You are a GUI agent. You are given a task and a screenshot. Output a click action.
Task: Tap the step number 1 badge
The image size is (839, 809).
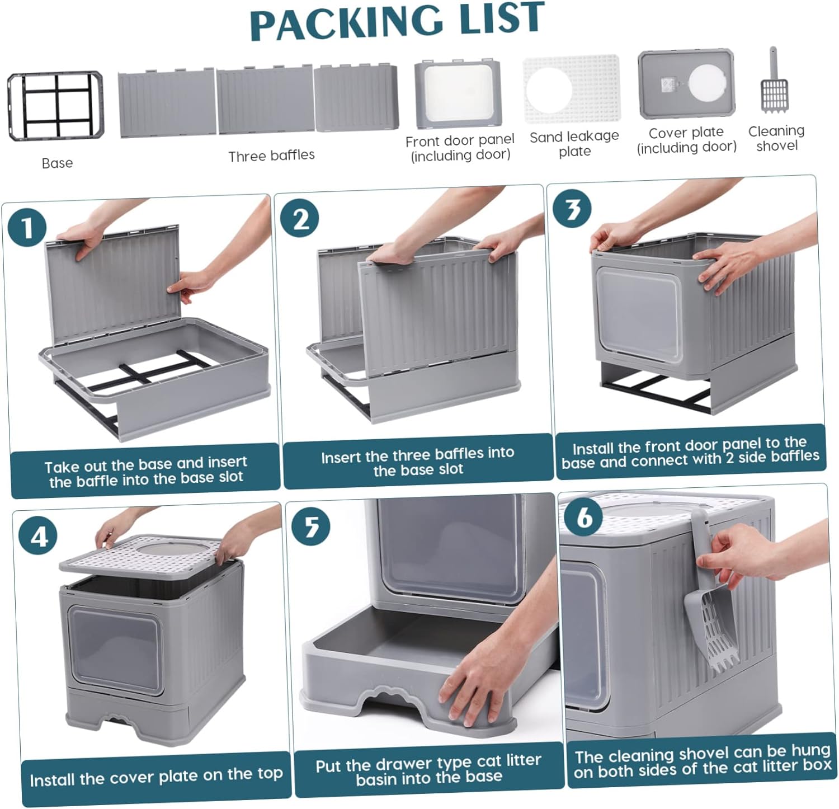pos(27,227)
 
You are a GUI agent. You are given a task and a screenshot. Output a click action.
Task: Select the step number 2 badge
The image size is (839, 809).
pos(300,218)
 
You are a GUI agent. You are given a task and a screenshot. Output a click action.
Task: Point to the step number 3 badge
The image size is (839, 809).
pos(572,209)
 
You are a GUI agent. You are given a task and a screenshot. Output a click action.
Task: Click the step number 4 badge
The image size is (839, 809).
pos(37,536)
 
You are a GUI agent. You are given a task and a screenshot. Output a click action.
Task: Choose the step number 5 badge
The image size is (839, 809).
pos(311,526)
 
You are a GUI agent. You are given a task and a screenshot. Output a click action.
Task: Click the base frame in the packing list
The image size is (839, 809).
pos(55,106)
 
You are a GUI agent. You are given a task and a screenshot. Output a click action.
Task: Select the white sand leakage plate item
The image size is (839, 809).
pos(572,89)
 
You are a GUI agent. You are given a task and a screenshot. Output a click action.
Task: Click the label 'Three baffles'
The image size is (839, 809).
pos(271,156)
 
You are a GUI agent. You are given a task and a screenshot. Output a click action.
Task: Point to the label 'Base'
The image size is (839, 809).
pos(57,163)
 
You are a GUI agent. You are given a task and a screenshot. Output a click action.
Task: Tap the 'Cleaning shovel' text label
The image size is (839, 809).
pos(776,138)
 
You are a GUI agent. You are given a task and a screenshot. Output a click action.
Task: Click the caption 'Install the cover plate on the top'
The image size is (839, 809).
pos(156,777)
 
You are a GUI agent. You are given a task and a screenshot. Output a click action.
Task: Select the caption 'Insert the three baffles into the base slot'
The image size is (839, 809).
pos(418,461)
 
